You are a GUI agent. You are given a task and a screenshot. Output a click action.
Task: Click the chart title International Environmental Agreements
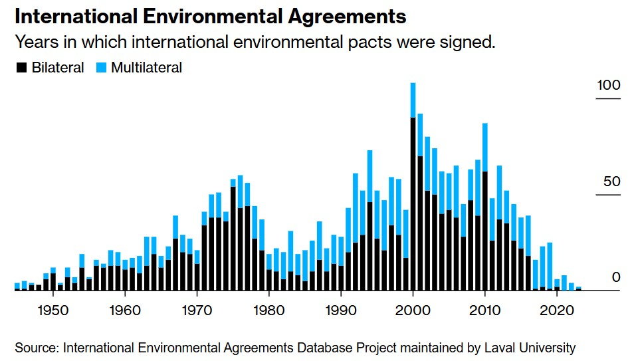click(211, 16)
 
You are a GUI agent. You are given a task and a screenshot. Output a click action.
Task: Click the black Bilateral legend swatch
click(21, 68)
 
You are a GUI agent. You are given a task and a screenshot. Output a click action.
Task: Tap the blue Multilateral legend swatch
click(100, 68)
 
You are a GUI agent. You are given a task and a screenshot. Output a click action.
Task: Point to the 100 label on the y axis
click(609, 86)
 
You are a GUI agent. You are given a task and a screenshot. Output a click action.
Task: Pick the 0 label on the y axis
click(615, 277)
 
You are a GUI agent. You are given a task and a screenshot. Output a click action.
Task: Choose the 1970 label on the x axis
click(197, 310)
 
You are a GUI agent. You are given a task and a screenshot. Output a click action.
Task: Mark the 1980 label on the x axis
click(268, 310)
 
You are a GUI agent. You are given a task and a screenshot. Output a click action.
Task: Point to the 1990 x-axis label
click(340, 310)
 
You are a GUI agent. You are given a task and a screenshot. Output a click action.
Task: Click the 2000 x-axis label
click(413, 310)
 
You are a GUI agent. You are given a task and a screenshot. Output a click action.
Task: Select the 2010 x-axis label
click(485, 310)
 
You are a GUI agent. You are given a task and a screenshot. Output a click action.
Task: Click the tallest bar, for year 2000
click(413, 199)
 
